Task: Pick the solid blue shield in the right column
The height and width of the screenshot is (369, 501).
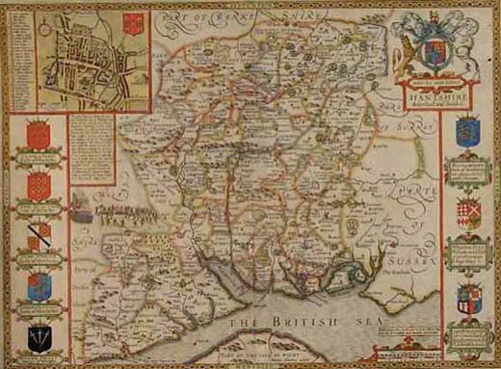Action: pyautogui.click(x=467, y=131)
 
